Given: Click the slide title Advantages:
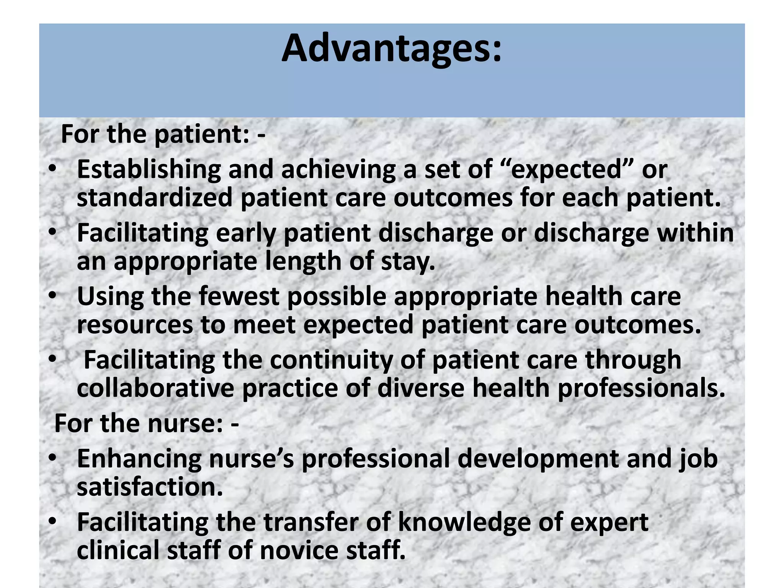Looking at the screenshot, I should [391, 49].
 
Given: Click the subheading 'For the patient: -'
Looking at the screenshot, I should [163, 134].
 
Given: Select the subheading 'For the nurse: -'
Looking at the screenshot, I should [147, 423].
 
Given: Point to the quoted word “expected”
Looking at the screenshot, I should [566, 170].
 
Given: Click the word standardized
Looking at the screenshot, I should [155, 198].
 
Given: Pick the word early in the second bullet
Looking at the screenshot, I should [246, 233].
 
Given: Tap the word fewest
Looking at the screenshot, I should [239, 296].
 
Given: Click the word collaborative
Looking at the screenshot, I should [155, 389].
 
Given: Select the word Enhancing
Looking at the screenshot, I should [139, 459].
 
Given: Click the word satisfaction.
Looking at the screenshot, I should [150, 487].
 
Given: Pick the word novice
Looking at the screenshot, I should [299, 550].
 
